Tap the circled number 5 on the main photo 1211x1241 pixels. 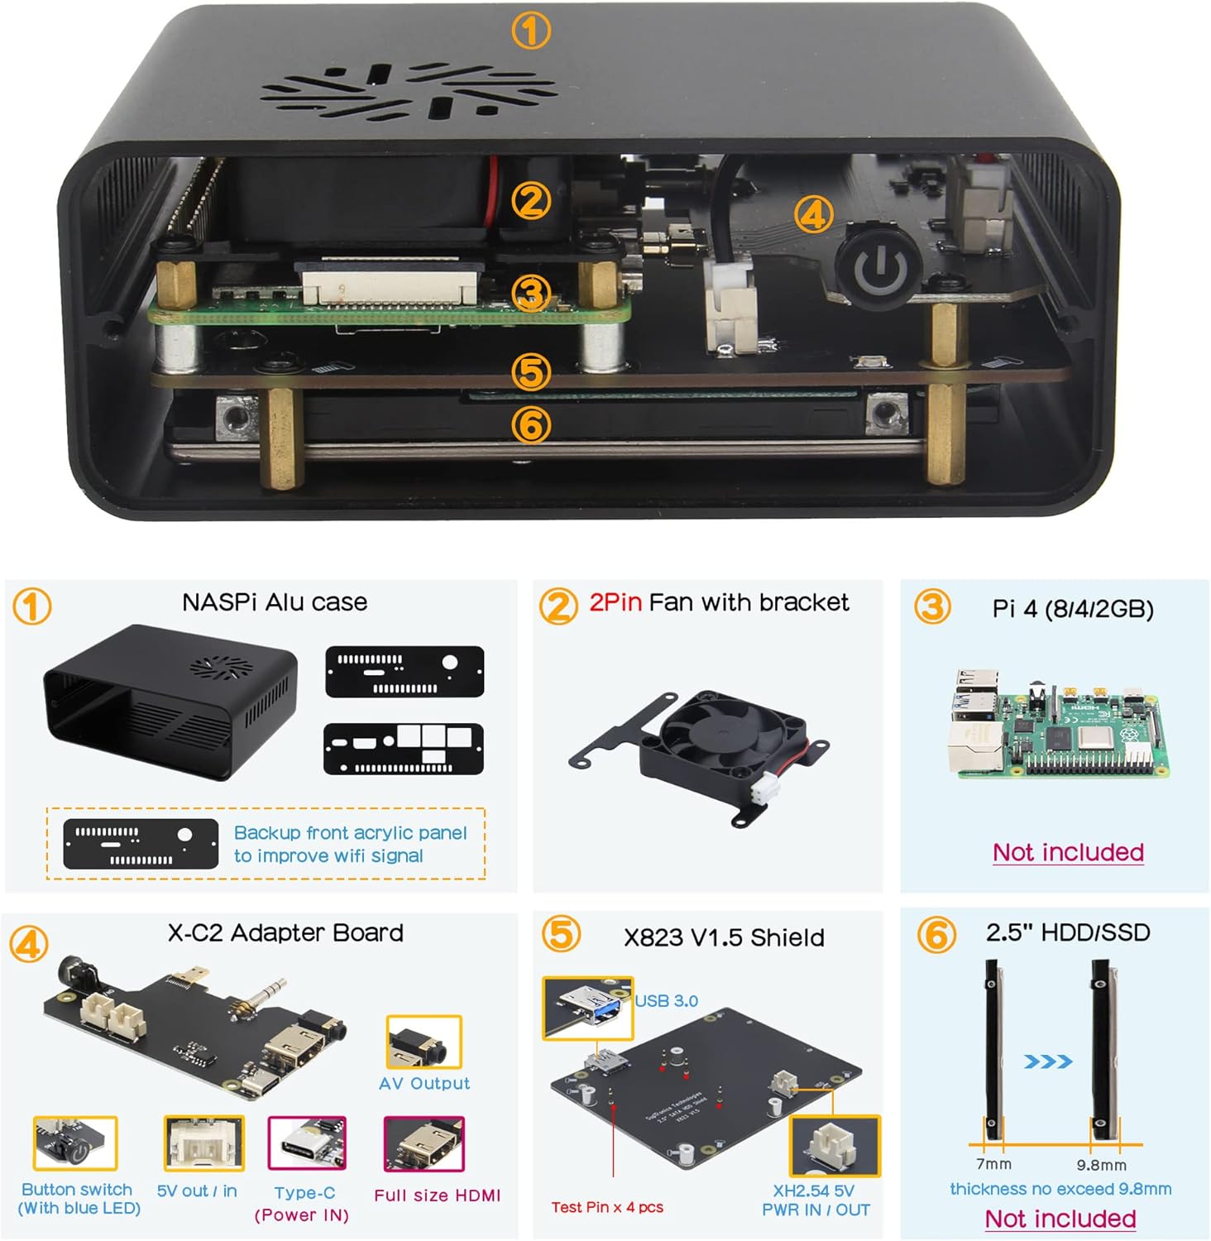(x=531, y=372)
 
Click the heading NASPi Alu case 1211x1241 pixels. (x=275, y=602)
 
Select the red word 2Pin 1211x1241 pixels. (x=615, y=602)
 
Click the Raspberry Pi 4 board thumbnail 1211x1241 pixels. (x=1058, y=726)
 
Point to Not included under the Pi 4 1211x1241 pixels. (x=1068, y=852)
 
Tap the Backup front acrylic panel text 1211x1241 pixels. (x=350, y=844)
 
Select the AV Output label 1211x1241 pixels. (x=424, y=1083)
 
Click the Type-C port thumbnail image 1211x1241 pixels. (x=306, y=1143)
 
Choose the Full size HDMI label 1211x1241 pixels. (x=437, y=1195)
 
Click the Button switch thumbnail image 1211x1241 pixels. (x=74, y=1143)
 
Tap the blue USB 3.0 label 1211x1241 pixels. (x=666, y=1001)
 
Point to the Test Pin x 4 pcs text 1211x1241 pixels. (x=607, y=1207)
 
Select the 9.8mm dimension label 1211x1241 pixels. (x=1101, y=1165)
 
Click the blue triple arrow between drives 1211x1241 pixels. (x=1047, y=1061)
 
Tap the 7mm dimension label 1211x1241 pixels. (x=993, y=1164)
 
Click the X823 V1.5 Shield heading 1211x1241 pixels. (x=724, y=937)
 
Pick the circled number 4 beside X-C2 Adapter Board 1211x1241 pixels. (x=29, y=944)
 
